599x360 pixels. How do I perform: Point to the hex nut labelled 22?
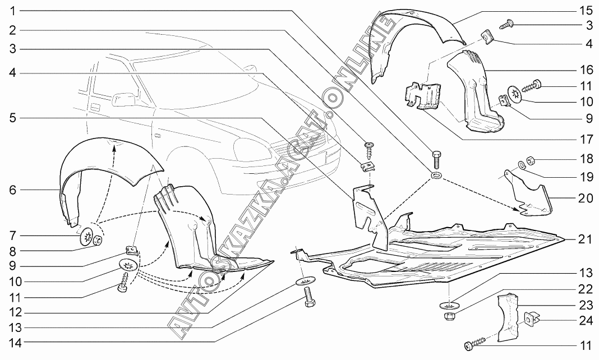coord(449,317)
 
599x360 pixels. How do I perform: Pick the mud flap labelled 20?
coord(530,196)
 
